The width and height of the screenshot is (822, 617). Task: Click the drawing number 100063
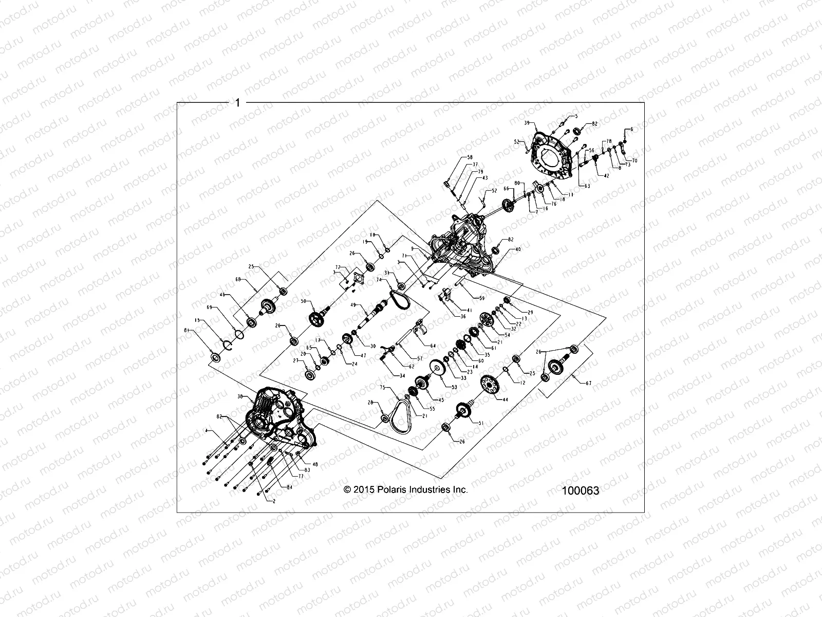click(580, 491)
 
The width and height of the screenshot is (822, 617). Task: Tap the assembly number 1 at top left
click(237, 103)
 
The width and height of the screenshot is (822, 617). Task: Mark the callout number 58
click(469, 157)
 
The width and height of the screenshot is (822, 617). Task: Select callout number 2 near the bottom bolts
click(274, 500)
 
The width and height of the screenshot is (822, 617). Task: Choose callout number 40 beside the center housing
click(518, 249)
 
